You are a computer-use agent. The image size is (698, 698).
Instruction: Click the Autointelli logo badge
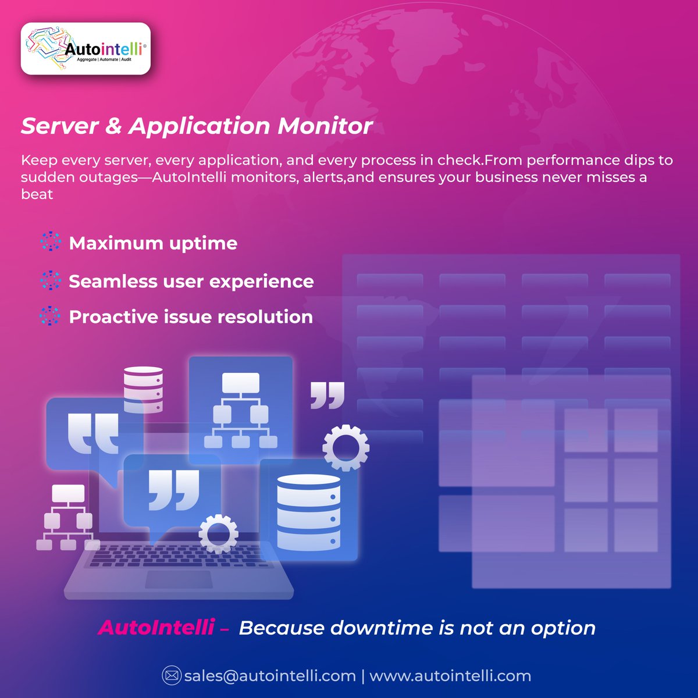pyautogui.click(x=86, y=49)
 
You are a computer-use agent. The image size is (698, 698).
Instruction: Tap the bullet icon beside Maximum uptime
pyautogui.click(x=51, y=242)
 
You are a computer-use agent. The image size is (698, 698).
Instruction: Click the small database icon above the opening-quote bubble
pyautogui.click(x=143, y=389)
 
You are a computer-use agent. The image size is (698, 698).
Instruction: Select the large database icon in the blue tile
pyautogui.click(x=308, y=512)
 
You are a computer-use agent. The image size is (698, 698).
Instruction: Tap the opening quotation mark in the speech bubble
pyautogui.click(x=93, y=433)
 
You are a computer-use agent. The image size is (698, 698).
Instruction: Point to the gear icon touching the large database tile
pyautogui.click(x=346, y=447)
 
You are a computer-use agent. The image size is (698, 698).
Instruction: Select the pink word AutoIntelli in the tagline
pyautogui.click(x=156, y=628)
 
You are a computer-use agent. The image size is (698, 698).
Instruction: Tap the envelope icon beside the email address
pyautogui.click(x=171, y=676)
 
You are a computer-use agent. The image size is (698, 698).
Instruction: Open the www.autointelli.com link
pyautogui.click(x=450, y=676)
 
